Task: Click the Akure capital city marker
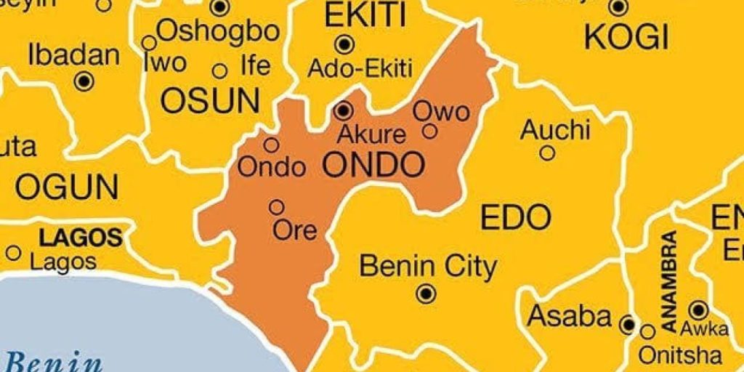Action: coord(344,111)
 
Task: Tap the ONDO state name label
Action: coord(373,166)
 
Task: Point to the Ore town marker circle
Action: coord(276,208)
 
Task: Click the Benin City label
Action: coord(428,267)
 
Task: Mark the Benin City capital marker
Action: coord(426,294)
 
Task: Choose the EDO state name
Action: coord(516,217)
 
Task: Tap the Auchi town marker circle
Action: coord(548,153)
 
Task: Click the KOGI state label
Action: coord(626,36)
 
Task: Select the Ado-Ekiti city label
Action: coord(360,69)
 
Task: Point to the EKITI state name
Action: coord(354,15)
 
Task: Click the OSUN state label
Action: coord(210,101)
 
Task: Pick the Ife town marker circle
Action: coord(220,71)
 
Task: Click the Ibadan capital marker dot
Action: coord(84,81)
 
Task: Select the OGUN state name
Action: coord(66,187)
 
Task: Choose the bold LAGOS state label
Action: coord(80,237)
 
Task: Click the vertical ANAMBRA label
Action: coord(669,280)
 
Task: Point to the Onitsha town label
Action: coord(680,355)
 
